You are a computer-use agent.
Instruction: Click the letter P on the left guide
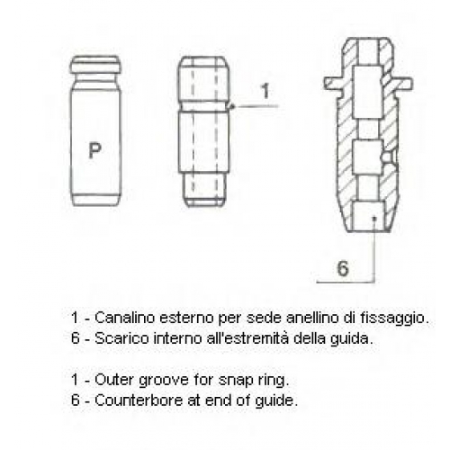pyautogui.click(x=94, y=150)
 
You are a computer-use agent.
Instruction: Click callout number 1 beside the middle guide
pyautogui.click(x=265, y=91)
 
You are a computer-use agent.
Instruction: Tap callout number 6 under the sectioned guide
pyautogui.click(x=343, y=268)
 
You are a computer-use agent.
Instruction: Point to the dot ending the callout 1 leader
pyautogui.click(x=232, y=106)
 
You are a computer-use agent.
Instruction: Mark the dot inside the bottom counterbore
pyautogui.click(x=374, y=219)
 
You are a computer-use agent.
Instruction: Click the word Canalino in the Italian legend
pyautogui.click(x=125, y=318)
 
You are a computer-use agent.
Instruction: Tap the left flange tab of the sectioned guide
pyautogui.click(x=334, y=83)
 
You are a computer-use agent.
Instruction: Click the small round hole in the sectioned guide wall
pyautogui.click(x=389, y=157)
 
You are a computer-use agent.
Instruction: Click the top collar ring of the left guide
pyautogui.click(x=96, y=65)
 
